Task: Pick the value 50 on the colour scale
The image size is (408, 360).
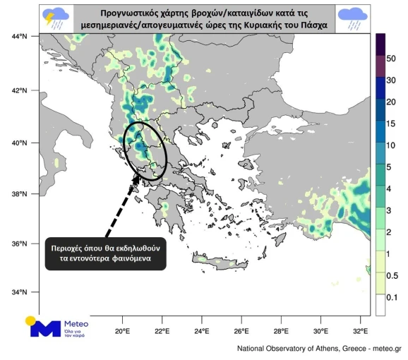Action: (x=391, y=58)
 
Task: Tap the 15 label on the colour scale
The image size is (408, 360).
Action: (x=391, y=124)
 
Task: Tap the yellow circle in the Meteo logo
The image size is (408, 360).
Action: (x=31, y=321)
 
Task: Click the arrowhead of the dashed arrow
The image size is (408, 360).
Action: (x=136, y=178)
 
